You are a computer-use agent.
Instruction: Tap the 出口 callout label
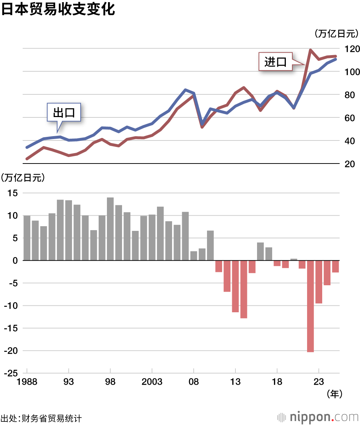64,113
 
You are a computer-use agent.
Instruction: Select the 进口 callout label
275,62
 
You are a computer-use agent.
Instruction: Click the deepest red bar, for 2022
310,306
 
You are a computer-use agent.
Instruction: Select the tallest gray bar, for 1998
110,229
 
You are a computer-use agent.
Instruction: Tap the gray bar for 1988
27,238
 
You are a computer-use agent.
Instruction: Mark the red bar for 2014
244,289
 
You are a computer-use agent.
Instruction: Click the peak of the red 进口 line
310,50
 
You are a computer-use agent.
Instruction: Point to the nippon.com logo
318,417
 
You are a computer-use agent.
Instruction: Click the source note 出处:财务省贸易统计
42,419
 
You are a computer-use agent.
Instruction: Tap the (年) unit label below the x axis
334,394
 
